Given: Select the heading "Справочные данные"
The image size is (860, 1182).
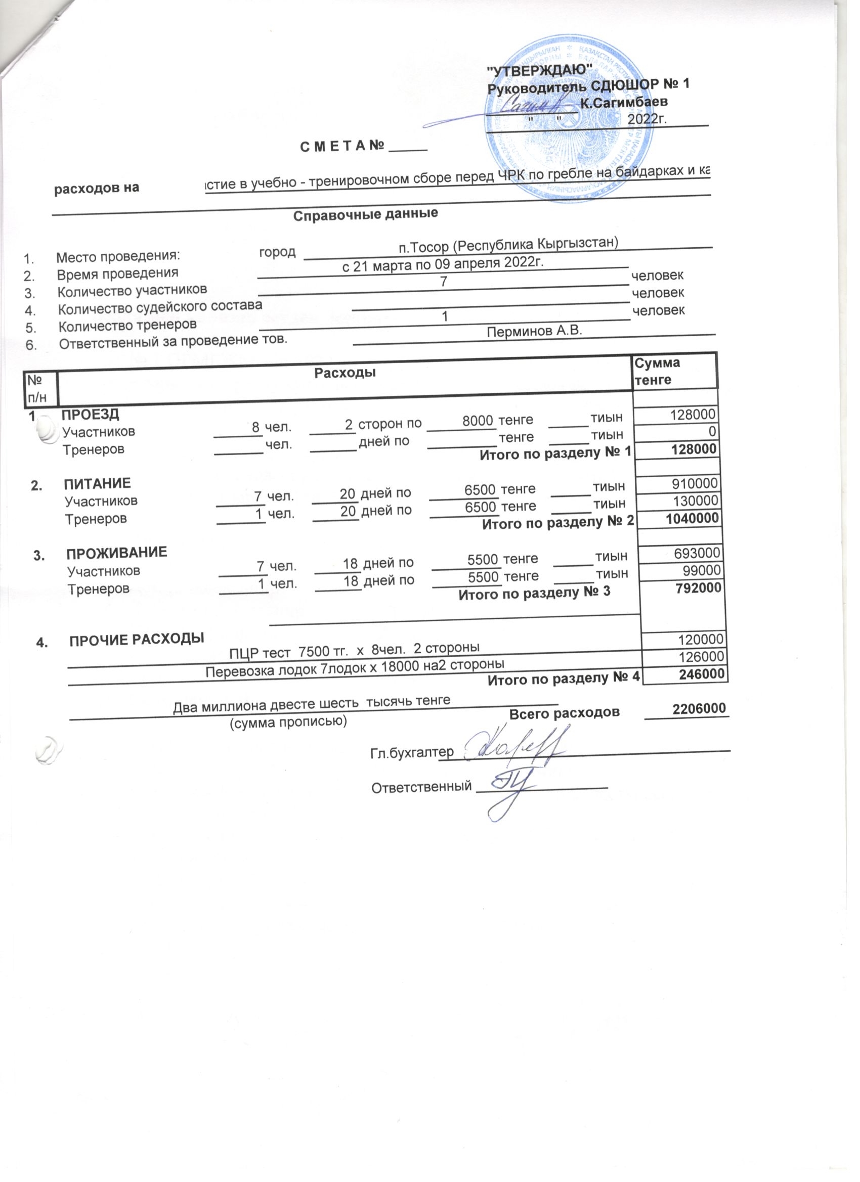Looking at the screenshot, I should click(x=365, y=214).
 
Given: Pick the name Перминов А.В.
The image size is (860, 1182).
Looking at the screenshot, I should click(x=534, y=331).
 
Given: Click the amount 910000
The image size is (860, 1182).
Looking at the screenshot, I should click(x=695, y=483).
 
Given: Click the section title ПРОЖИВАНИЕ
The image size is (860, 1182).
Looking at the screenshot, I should click(x=117, y=553).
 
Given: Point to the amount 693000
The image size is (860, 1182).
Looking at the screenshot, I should click(x=698, y=553).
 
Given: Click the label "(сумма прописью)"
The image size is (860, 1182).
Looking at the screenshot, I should click(x=288, y=722).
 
